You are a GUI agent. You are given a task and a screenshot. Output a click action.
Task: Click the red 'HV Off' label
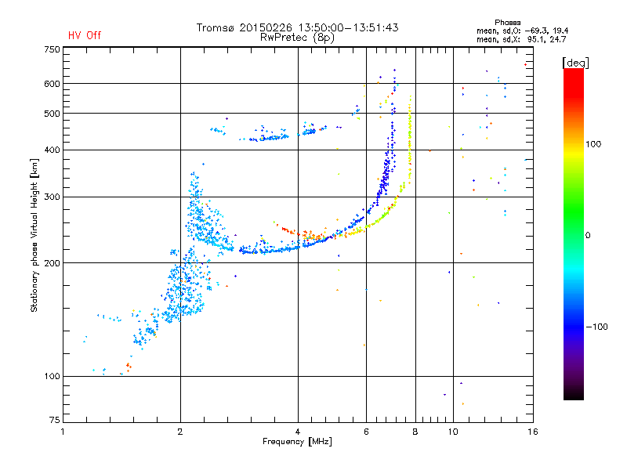pos(85,35)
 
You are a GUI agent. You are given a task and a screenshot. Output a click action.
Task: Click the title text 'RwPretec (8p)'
pos(297,38)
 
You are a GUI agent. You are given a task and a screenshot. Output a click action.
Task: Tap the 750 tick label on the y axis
pos(52,49)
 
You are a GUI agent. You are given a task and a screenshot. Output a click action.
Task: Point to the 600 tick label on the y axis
pos(52,84)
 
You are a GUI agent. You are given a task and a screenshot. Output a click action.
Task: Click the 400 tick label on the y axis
pos(52,150)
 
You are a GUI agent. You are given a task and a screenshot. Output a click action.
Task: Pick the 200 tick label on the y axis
pos(52,263)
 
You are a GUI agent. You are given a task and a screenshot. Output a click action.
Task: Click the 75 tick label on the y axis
pos(55,420)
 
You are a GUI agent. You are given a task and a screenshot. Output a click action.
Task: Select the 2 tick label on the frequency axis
pos(180,432)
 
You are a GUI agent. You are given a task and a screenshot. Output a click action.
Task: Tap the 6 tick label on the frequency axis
pos(366,432)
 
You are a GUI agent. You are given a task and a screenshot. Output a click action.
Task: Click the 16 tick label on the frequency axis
pos(533,432)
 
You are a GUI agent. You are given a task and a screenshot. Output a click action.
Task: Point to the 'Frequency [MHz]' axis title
pos(297,442)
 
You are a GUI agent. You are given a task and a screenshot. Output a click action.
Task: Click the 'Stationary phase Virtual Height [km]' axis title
pos(34,235)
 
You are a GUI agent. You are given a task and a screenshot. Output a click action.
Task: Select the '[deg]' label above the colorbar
pos(575,63)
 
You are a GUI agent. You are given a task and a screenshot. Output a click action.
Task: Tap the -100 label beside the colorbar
pos(596,327)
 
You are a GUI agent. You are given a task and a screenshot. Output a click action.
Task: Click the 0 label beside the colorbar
pos(588,236)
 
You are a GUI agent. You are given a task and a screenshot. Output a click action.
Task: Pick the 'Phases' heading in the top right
pos(507,23)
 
